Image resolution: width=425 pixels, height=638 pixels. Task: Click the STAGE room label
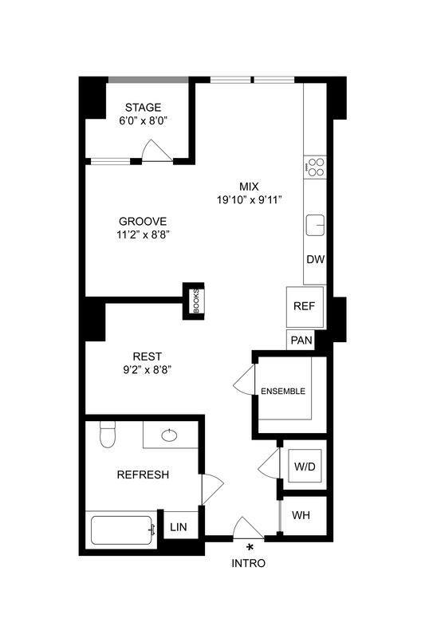[144, 108]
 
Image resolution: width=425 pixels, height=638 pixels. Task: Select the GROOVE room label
[143, 221]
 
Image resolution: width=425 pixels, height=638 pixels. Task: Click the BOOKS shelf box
[195, 301]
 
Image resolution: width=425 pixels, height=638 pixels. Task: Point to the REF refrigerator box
[304, 306]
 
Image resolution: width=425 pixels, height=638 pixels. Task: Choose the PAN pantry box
[301, 341]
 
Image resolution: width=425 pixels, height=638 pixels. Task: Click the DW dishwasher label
[315, 260]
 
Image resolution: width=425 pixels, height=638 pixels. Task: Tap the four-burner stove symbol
[316, 167]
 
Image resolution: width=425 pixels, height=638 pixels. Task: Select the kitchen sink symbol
[316, 225]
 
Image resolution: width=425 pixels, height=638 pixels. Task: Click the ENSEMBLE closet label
[282, 391]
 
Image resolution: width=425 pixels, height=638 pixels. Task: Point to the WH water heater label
[301, 514]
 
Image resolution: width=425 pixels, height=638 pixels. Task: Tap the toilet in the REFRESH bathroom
[107, 436]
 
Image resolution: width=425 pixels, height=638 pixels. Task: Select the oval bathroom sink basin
[169, 435]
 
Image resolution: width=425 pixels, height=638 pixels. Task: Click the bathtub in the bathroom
[122, 530]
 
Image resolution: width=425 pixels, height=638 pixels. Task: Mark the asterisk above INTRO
[250, 547]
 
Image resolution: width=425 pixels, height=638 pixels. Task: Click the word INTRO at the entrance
[248, 563]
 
